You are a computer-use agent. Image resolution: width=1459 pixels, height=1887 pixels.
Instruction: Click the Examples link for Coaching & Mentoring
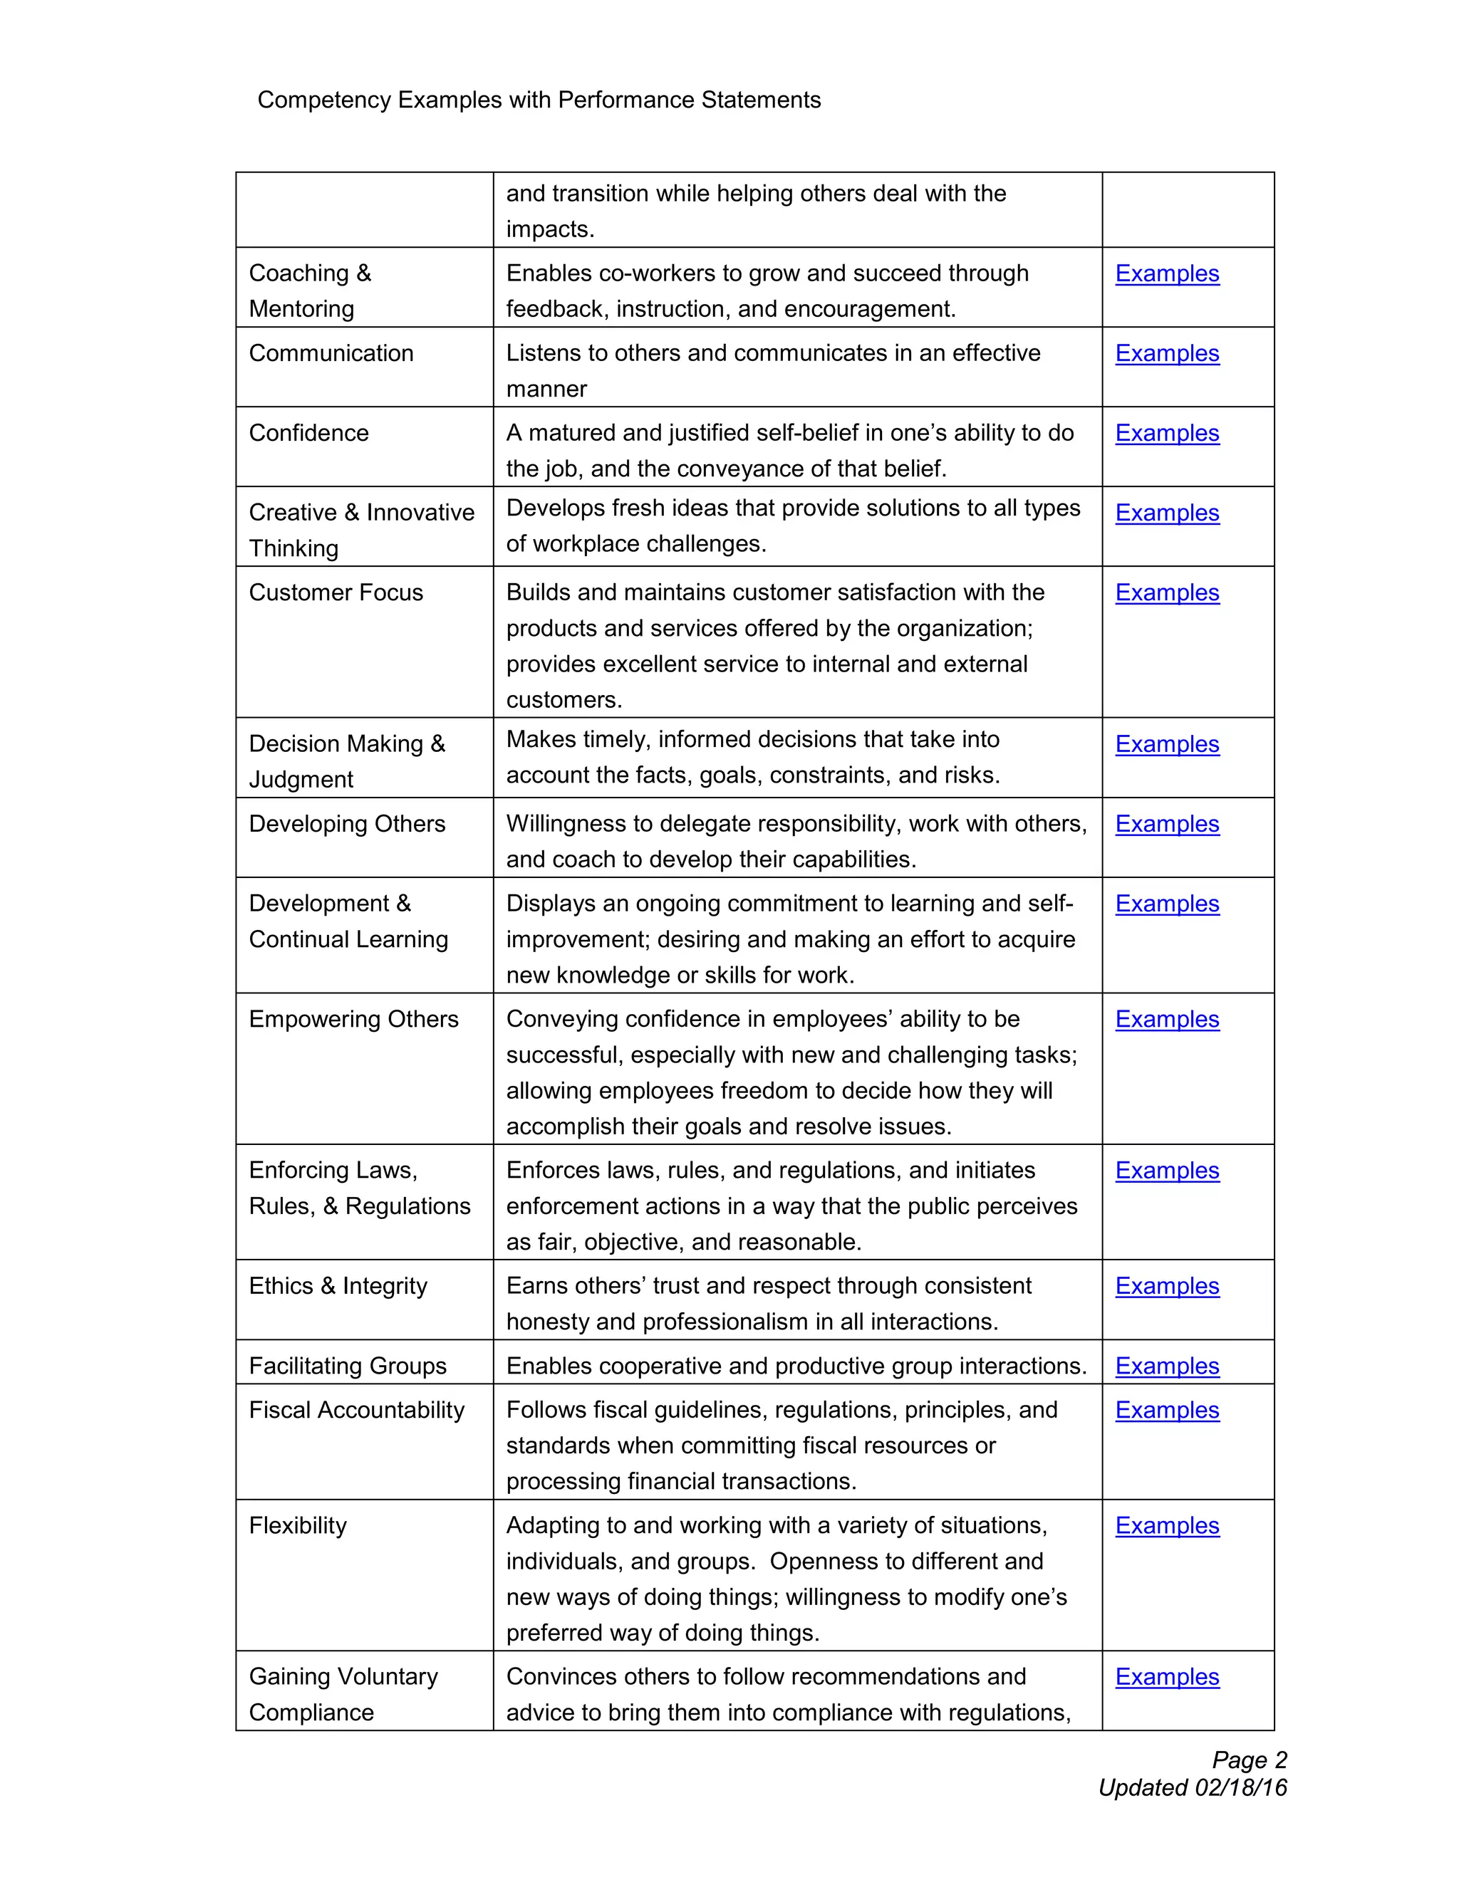coord(1166,274)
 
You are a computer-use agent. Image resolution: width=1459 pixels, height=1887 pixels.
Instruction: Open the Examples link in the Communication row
coord(1166,353)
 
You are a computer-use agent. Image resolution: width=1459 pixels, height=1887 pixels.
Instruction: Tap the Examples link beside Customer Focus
coord(1166,592)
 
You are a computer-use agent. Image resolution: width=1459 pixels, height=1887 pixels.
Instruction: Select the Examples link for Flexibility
coord(1166,1526)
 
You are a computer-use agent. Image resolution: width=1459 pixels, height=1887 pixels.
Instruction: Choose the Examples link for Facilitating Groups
coord(1166,1366)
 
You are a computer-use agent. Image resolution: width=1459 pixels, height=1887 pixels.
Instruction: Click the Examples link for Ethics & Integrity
coord(1166,1287)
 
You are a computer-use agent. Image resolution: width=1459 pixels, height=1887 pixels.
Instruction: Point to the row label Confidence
coord(308,433)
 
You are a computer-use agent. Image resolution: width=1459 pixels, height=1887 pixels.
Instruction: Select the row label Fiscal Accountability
coord(356,1410)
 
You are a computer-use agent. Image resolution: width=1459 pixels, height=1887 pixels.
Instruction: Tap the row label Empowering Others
coord(353,1020)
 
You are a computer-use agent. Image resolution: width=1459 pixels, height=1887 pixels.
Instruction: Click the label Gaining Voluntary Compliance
coord(343,1694)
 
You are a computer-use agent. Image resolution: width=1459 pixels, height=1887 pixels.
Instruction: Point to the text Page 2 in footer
coord(1249,1760)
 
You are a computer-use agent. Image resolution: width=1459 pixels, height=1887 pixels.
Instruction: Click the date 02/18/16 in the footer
coord(1240,1787)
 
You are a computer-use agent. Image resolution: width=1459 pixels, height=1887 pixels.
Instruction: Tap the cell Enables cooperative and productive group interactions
coord(796,1366)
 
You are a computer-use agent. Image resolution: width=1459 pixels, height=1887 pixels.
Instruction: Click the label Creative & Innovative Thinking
coord(361,530)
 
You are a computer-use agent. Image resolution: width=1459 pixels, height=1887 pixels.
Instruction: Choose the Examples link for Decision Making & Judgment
coord(1166,745)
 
